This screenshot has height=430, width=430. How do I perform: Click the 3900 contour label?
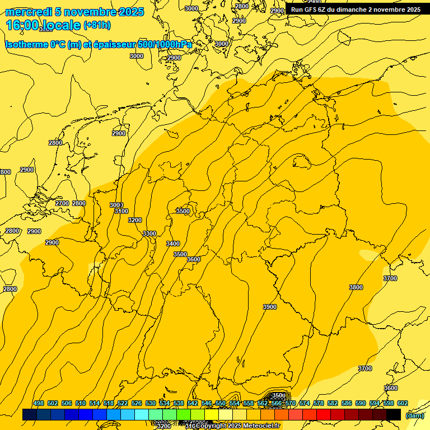(x=270, y=307)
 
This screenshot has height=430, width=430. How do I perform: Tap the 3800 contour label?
(x=356, y=287)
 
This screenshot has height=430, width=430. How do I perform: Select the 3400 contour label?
(x=173, y=244)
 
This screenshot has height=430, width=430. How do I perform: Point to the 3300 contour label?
(x=149, y=233)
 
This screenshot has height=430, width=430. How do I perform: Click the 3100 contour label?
(x=121, y=212)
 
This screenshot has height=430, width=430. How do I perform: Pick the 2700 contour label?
(x=62, y=203)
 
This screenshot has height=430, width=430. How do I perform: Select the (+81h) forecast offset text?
(x=97, y=25)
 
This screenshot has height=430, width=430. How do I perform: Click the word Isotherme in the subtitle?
(x=27, y=45)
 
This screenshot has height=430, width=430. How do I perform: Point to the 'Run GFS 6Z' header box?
(x=356, y=10)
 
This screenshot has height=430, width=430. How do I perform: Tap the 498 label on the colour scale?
(x=39, y=404)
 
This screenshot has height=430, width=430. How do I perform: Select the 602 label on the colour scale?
(x=402, y=404)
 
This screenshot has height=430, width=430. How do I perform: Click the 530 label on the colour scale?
(x=151, y=404)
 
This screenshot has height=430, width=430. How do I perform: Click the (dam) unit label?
(x=414, y=415)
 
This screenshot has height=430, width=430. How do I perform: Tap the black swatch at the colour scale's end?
(x=394, y=415)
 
